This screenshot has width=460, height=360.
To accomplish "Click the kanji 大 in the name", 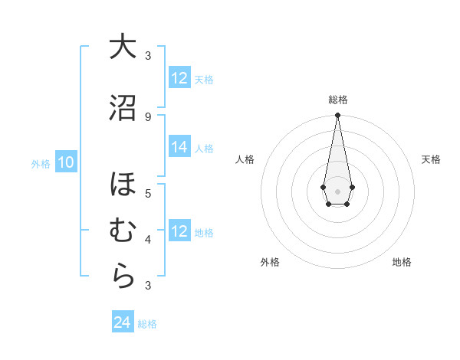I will tap(123, 47).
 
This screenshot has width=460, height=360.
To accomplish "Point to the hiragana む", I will tap(123, 231).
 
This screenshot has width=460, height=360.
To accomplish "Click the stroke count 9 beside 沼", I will tap(148, 116).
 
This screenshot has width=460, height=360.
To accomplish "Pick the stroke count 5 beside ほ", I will tap(148, 193).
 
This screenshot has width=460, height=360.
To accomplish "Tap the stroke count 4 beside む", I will tap(148, 239).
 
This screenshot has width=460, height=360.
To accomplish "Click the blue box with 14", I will tap(179, 148).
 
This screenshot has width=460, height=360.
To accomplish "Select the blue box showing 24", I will tap(123, 322).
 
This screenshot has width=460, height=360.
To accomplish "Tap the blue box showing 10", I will tap(66, 162).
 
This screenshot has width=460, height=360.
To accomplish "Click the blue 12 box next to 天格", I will tap(179, 78).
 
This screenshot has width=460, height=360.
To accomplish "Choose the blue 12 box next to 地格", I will tap(179, 231).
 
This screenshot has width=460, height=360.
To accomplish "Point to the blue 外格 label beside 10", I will tap(40, 163).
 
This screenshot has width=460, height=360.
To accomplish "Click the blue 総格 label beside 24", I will tap(147, 324).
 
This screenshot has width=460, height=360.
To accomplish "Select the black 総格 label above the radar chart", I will tap(338, 100).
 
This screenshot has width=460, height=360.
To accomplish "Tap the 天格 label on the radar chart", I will tap(431, 159).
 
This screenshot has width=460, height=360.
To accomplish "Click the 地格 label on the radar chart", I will tap(402, 262).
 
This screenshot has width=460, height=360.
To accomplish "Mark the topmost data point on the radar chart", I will tap(337, 115).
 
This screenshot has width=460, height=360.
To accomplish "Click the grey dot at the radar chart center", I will tap(337, 191).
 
